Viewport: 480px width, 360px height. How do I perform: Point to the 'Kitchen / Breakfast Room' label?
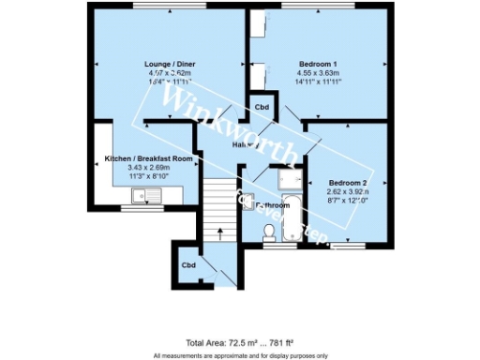(148, 159)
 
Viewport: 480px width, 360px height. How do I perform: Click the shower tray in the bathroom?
(282, 178)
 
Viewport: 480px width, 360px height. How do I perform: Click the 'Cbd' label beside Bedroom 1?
(262, 107)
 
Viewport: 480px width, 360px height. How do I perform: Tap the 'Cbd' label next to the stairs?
(188, 265)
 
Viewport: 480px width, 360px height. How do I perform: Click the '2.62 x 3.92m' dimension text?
(348, 190)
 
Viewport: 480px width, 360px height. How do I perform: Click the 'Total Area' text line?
(240, 344)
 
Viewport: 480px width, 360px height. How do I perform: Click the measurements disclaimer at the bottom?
(240, 355)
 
